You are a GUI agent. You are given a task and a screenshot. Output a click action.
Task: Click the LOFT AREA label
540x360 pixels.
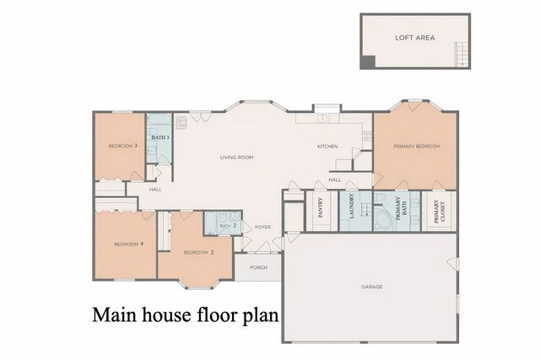click(413, 38)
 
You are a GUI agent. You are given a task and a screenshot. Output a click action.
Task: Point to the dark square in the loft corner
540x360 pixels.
click(366, 62)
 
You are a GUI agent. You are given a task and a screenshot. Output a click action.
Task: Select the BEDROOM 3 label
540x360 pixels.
click(123, 147)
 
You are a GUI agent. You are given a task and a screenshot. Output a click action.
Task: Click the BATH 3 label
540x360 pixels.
click(160, 137)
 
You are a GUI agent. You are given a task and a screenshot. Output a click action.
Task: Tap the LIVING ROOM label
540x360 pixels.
click(236, 158)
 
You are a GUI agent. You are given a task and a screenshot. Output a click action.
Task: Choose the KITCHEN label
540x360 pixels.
click(327, 147)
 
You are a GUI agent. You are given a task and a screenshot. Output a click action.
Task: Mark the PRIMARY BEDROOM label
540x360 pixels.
click(417, 147)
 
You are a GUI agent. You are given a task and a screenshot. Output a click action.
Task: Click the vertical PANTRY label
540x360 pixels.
click(321, 209)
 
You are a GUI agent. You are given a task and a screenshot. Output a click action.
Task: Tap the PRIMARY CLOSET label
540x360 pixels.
click(437, 210)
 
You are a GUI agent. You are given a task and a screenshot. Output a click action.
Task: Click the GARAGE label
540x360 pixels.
click(372, 287)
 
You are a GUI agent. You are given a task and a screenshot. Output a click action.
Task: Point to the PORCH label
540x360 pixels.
click(258, 268)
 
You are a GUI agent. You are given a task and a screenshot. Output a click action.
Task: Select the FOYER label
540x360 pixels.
click(263, 227)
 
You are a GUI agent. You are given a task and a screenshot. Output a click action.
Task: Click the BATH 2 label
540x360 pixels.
click(227, 226)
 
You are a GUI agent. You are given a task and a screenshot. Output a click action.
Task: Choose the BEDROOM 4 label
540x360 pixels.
click(129, 244)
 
